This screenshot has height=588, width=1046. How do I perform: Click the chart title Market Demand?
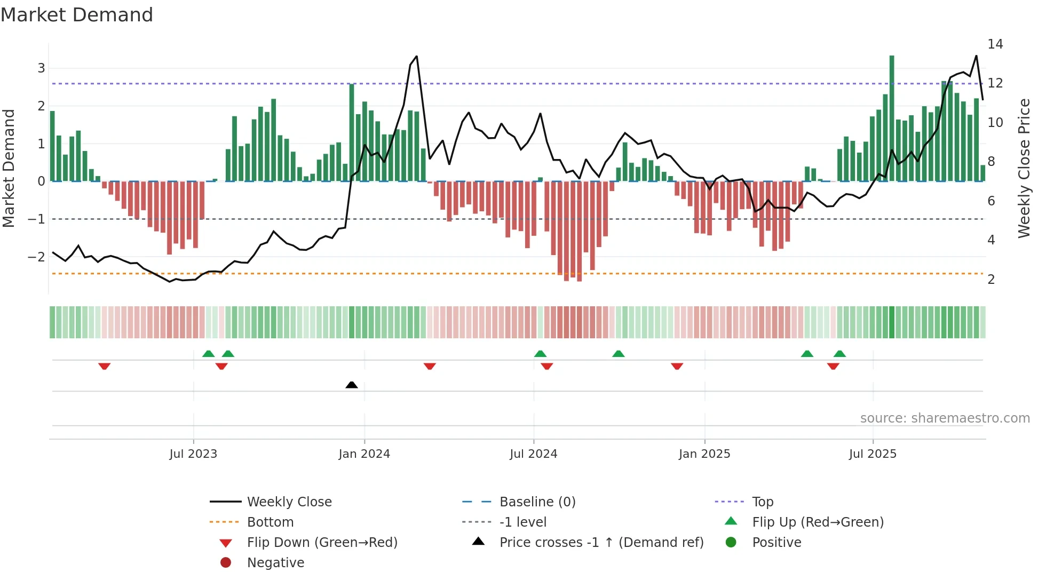77,15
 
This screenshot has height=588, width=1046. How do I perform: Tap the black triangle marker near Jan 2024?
352,385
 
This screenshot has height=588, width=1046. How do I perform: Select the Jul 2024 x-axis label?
533,454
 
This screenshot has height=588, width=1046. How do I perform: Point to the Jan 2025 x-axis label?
704,454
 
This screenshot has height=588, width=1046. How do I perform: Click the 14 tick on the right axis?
995,44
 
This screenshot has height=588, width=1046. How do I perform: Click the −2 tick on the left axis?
36,257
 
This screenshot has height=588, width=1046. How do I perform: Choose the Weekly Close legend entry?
289,502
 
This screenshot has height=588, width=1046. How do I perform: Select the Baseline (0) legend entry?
537,502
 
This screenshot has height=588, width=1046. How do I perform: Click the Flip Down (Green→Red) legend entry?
322,543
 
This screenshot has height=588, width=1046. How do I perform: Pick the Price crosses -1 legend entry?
601,543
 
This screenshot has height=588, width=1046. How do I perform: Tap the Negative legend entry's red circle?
226,563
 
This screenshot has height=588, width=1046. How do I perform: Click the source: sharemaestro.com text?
945,418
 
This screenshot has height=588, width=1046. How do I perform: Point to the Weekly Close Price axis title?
1024,168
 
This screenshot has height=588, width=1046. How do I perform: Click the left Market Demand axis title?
9,168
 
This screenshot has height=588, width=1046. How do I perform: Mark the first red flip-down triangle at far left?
105,366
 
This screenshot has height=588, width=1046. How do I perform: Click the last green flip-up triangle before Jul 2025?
839,354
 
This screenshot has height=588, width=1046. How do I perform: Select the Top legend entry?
762,502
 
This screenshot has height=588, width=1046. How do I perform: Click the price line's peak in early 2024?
416,57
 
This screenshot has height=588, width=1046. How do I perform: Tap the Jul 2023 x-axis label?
193,454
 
